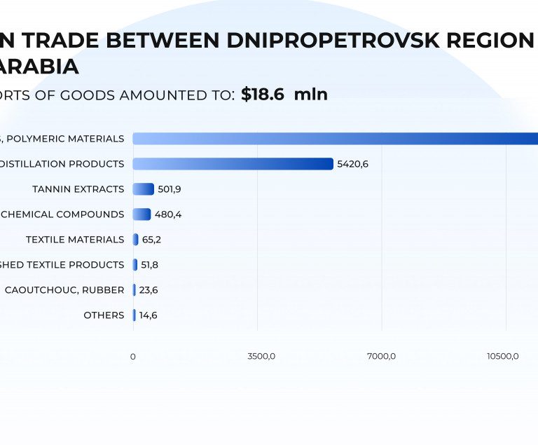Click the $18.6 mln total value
click(x=284, y=95)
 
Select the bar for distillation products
click(x=233, y=164)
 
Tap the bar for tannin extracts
click(x=143, y=189)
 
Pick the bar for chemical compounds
click(x=142, y=214)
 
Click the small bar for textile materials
click(x=136, y=240)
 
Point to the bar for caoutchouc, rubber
click(x=134, y=290)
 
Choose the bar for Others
click(x=134, y=315)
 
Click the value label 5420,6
click(x=352, y=164)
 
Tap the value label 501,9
click(x=170, y=189)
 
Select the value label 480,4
click(x=168, y=214)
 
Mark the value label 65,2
click(x=151, y=240)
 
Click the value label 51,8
click(x=151, y=265)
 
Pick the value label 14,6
click(x=148, y=315)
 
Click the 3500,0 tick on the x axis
click(x=261, y=357)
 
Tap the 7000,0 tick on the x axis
click(x=382, y=357)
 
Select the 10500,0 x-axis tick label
click(x=503, y=357)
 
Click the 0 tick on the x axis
click(x=133, y=357)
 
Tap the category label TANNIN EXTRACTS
click(x=78, y=189)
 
